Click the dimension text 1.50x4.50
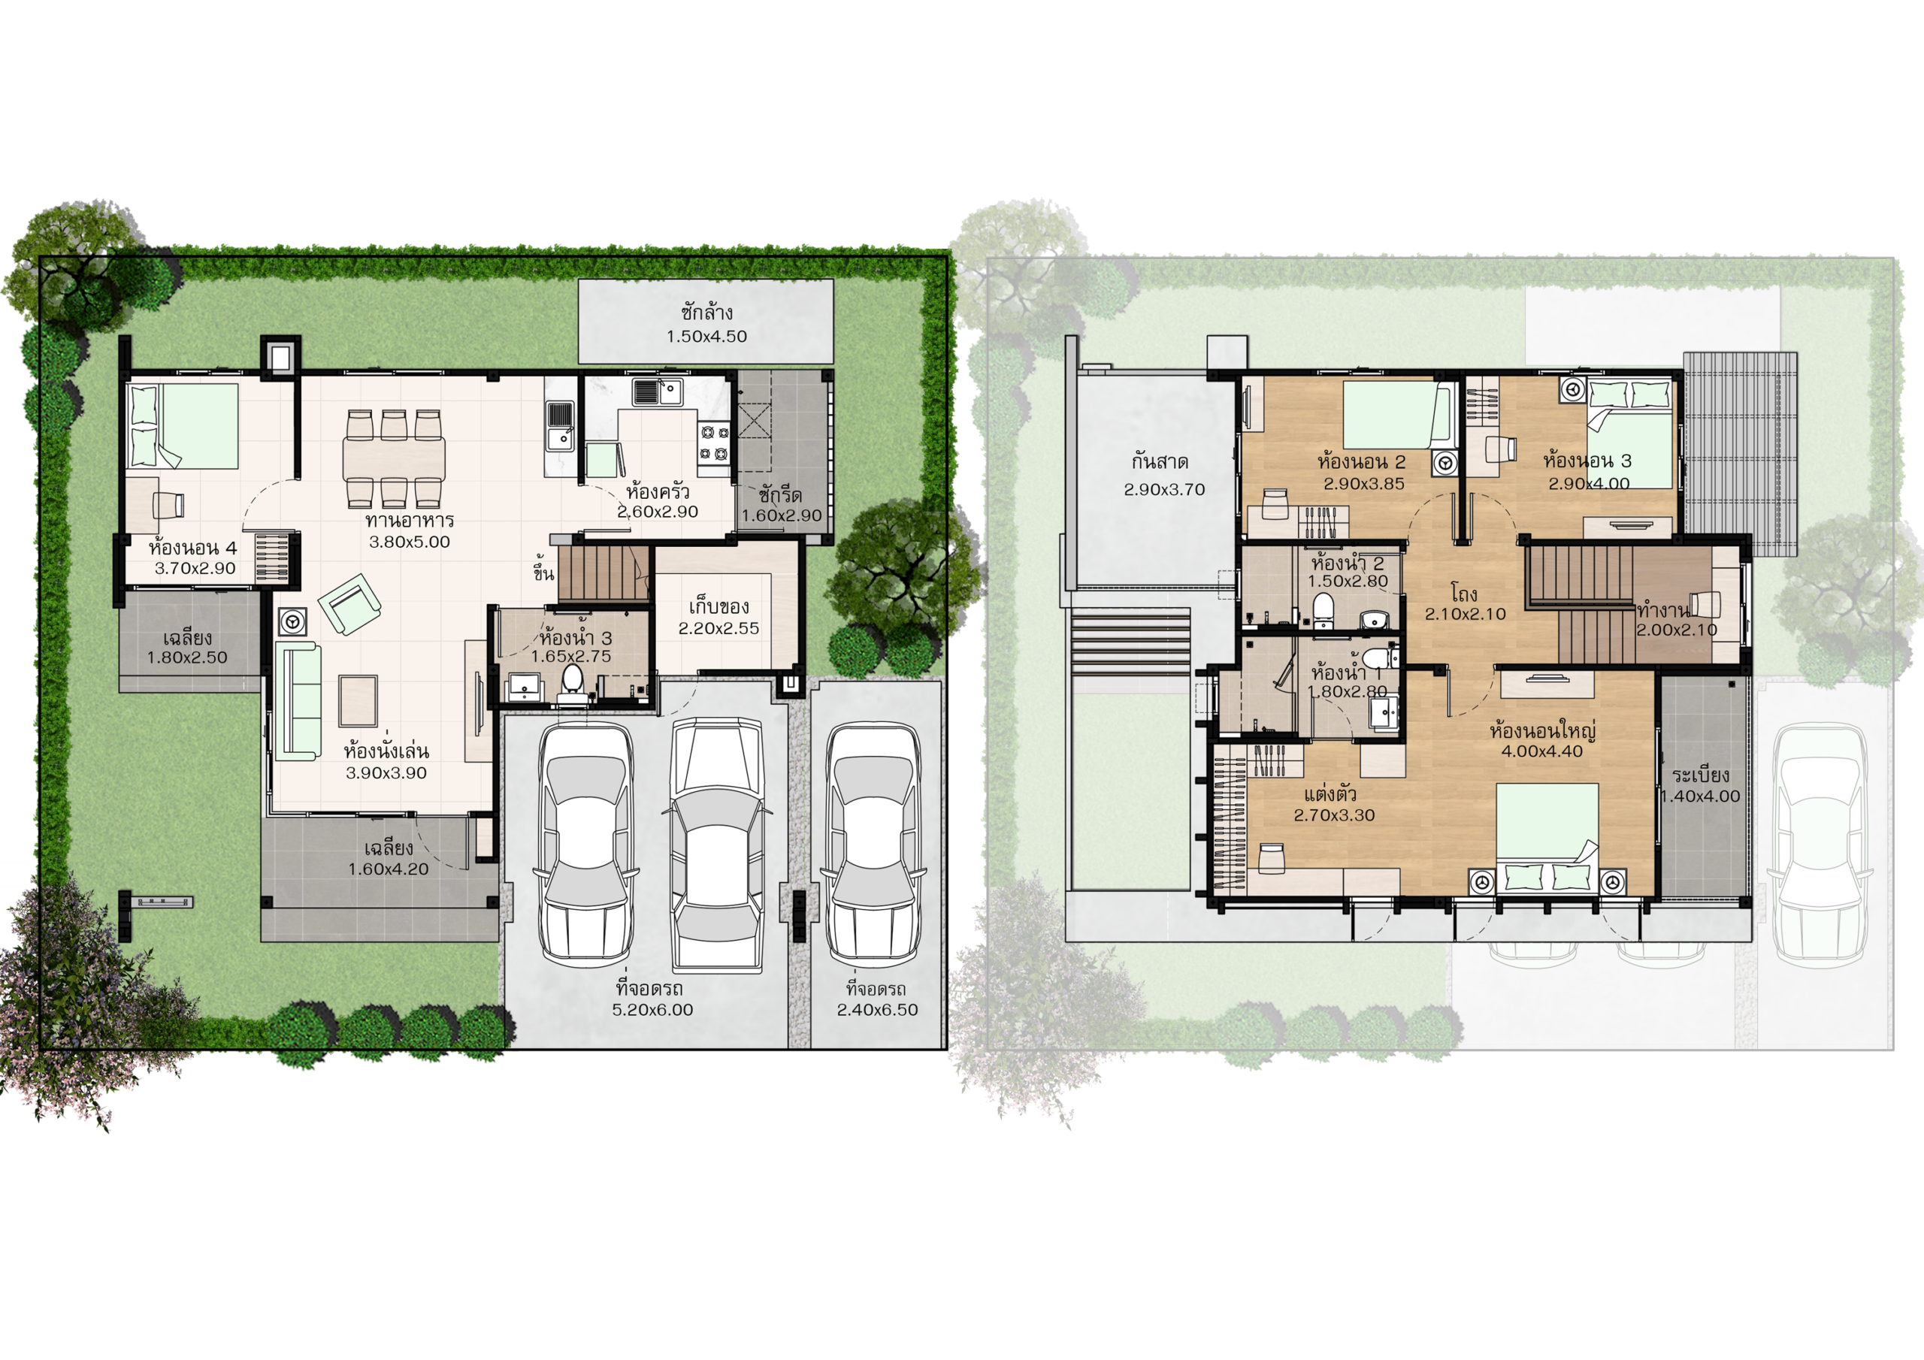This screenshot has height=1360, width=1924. (706, 337)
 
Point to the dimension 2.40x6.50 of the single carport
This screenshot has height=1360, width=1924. (877, 1010)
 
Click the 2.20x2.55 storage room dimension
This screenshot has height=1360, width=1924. (719, 628)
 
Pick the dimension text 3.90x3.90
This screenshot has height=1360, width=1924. (386, 772)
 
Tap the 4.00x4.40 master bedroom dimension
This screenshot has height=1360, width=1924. (1542, 751)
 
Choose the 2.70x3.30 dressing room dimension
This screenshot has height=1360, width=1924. (1334, 815)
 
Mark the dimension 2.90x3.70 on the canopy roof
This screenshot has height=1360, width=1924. (1164, 489)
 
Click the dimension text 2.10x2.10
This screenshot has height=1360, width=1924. (1466, 614)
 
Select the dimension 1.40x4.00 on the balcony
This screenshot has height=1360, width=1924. (1700, 796)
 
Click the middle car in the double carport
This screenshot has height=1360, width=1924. (716, 845)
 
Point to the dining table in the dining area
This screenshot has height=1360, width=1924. (394, 459)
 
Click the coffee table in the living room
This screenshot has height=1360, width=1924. (358, 700)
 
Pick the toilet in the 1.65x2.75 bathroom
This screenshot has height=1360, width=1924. (573, 681)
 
